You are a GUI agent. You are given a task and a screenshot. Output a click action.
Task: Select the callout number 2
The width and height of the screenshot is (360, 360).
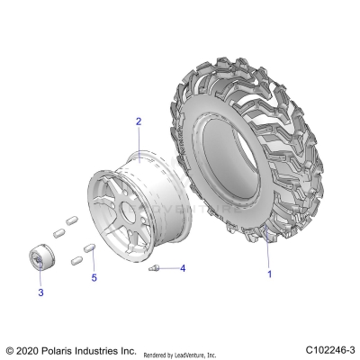tap(139, 121)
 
